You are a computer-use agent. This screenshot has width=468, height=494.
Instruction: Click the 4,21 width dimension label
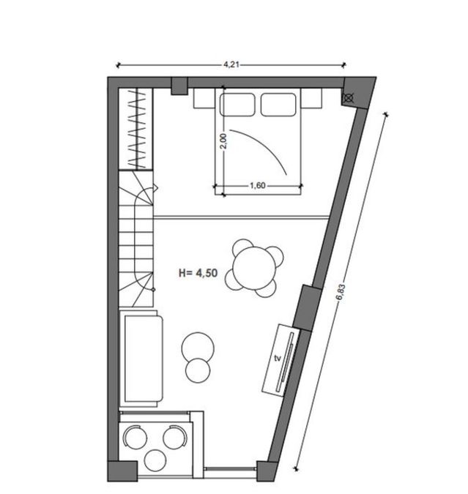point(231,64)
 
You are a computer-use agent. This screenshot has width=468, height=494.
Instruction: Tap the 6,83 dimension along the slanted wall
point(341,293)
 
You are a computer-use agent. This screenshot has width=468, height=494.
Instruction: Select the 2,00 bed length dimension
point(223,141)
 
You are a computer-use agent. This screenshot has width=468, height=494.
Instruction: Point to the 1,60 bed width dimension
point(258,186)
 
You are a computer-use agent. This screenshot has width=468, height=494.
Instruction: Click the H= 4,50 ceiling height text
point(198,272)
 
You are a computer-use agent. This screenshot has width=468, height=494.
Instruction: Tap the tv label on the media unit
point(278,358)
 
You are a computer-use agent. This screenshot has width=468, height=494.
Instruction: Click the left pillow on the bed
point(237,105)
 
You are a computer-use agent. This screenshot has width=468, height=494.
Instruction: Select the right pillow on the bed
point(278,105)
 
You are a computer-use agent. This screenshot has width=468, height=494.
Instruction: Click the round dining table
point(254,268)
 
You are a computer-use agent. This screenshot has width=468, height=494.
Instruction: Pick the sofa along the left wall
point(141,359)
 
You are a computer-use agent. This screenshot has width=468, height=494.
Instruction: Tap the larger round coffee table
point(198,348)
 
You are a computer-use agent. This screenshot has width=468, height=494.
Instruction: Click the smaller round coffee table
point(198,370)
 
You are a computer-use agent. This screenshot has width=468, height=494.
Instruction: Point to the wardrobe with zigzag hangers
point(135,129)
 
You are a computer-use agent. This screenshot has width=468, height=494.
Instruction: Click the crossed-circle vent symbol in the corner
point(348,99)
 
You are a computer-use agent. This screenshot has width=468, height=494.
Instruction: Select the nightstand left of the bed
point(204,98)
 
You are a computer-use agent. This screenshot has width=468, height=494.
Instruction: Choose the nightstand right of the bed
point(311,98)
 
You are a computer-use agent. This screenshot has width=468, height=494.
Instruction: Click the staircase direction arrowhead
point(155,188)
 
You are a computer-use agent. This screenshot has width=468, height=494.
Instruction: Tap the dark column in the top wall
point(179,86)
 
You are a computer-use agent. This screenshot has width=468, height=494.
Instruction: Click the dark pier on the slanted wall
point(308,308)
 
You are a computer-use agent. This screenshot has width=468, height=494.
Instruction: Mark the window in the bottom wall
point(229,469)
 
